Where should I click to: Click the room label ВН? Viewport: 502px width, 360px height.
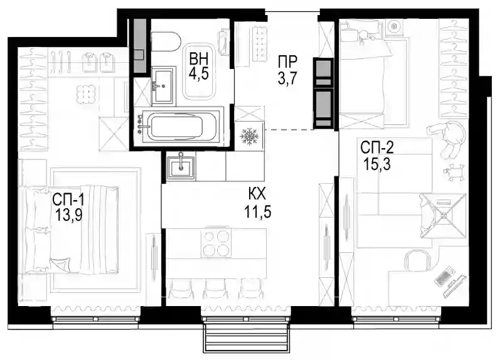pyautogui.click(x=199, y=59)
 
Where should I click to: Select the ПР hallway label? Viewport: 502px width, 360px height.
pyautogui.click(x=287, y=61)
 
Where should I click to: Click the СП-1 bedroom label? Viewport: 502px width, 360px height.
pyautogui.click(x=68, y=200)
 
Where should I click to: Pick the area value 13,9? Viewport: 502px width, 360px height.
pyautogui.click(x=69, y=215)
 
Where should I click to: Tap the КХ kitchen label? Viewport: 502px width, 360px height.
pyautogui.click(x=257, y=194)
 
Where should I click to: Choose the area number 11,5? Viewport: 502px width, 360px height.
pyautogui.click(x=258, y=211)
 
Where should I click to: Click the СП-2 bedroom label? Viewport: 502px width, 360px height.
pyautogui.click(x=377, y=148)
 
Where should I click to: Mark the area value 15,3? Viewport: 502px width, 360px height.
pyautogui.click(x=377, y=165)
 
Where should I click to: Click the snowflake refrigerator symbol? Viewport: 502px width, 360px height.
pyautogui.click(x=249, y=135)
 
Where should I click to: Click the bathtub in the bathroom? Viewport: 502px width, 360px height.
pyautogui.click(x=176, y=127)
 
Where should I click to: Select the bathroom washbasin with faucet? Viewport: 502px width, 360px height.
pyautogui.click(x=163, y=85)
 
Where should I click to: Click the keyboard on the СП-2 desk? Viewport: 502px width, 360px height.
pyautogui.click(x=444, y=276)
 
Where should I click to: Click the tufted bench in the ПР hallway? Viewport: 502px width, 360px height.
pyautogui.click(x=260, y=44)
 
